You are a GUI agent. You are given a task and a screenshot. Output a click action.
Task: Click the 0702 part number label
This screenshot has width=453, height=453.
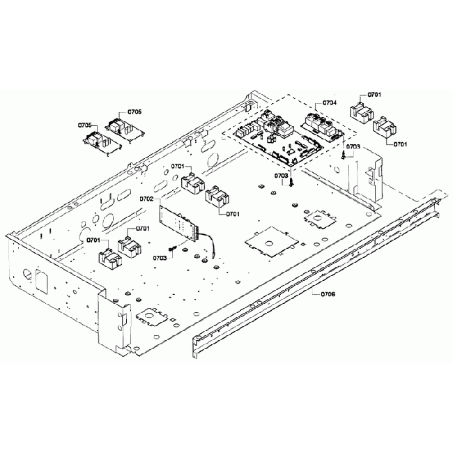tap(146, 199)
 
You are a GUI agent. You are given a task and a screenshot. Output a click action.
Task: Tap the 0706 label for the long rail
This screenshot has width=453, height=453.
tap(328, 294)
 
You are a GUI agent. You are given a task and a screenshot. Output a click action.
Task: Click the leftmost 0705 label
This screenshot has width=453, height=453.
tap(84, 125)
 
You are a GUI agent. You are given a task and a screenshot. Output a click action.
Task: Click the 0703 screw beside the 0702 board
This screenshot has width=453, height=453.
tap(172, 249)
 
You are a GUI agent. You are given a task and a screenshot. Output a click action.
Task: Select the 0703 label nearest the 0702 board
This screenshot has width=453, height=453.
tap(160, 258)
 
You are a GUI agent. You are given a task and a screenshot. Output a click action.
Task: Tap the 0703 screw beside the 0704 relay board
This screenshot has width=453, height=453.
tap(344, 156)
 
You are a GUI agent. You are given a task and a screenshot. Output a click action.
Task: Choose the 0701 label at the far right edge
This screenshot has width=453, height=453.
tap(400, 144)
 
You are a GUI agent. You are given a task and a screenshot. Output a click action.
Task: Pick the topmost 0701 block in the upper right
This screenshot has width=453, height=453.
tap(361, 109)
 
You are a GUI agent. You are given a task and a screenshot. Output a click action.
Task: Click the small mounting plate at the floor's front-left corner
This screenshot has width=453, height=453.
tap(151, 317)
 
